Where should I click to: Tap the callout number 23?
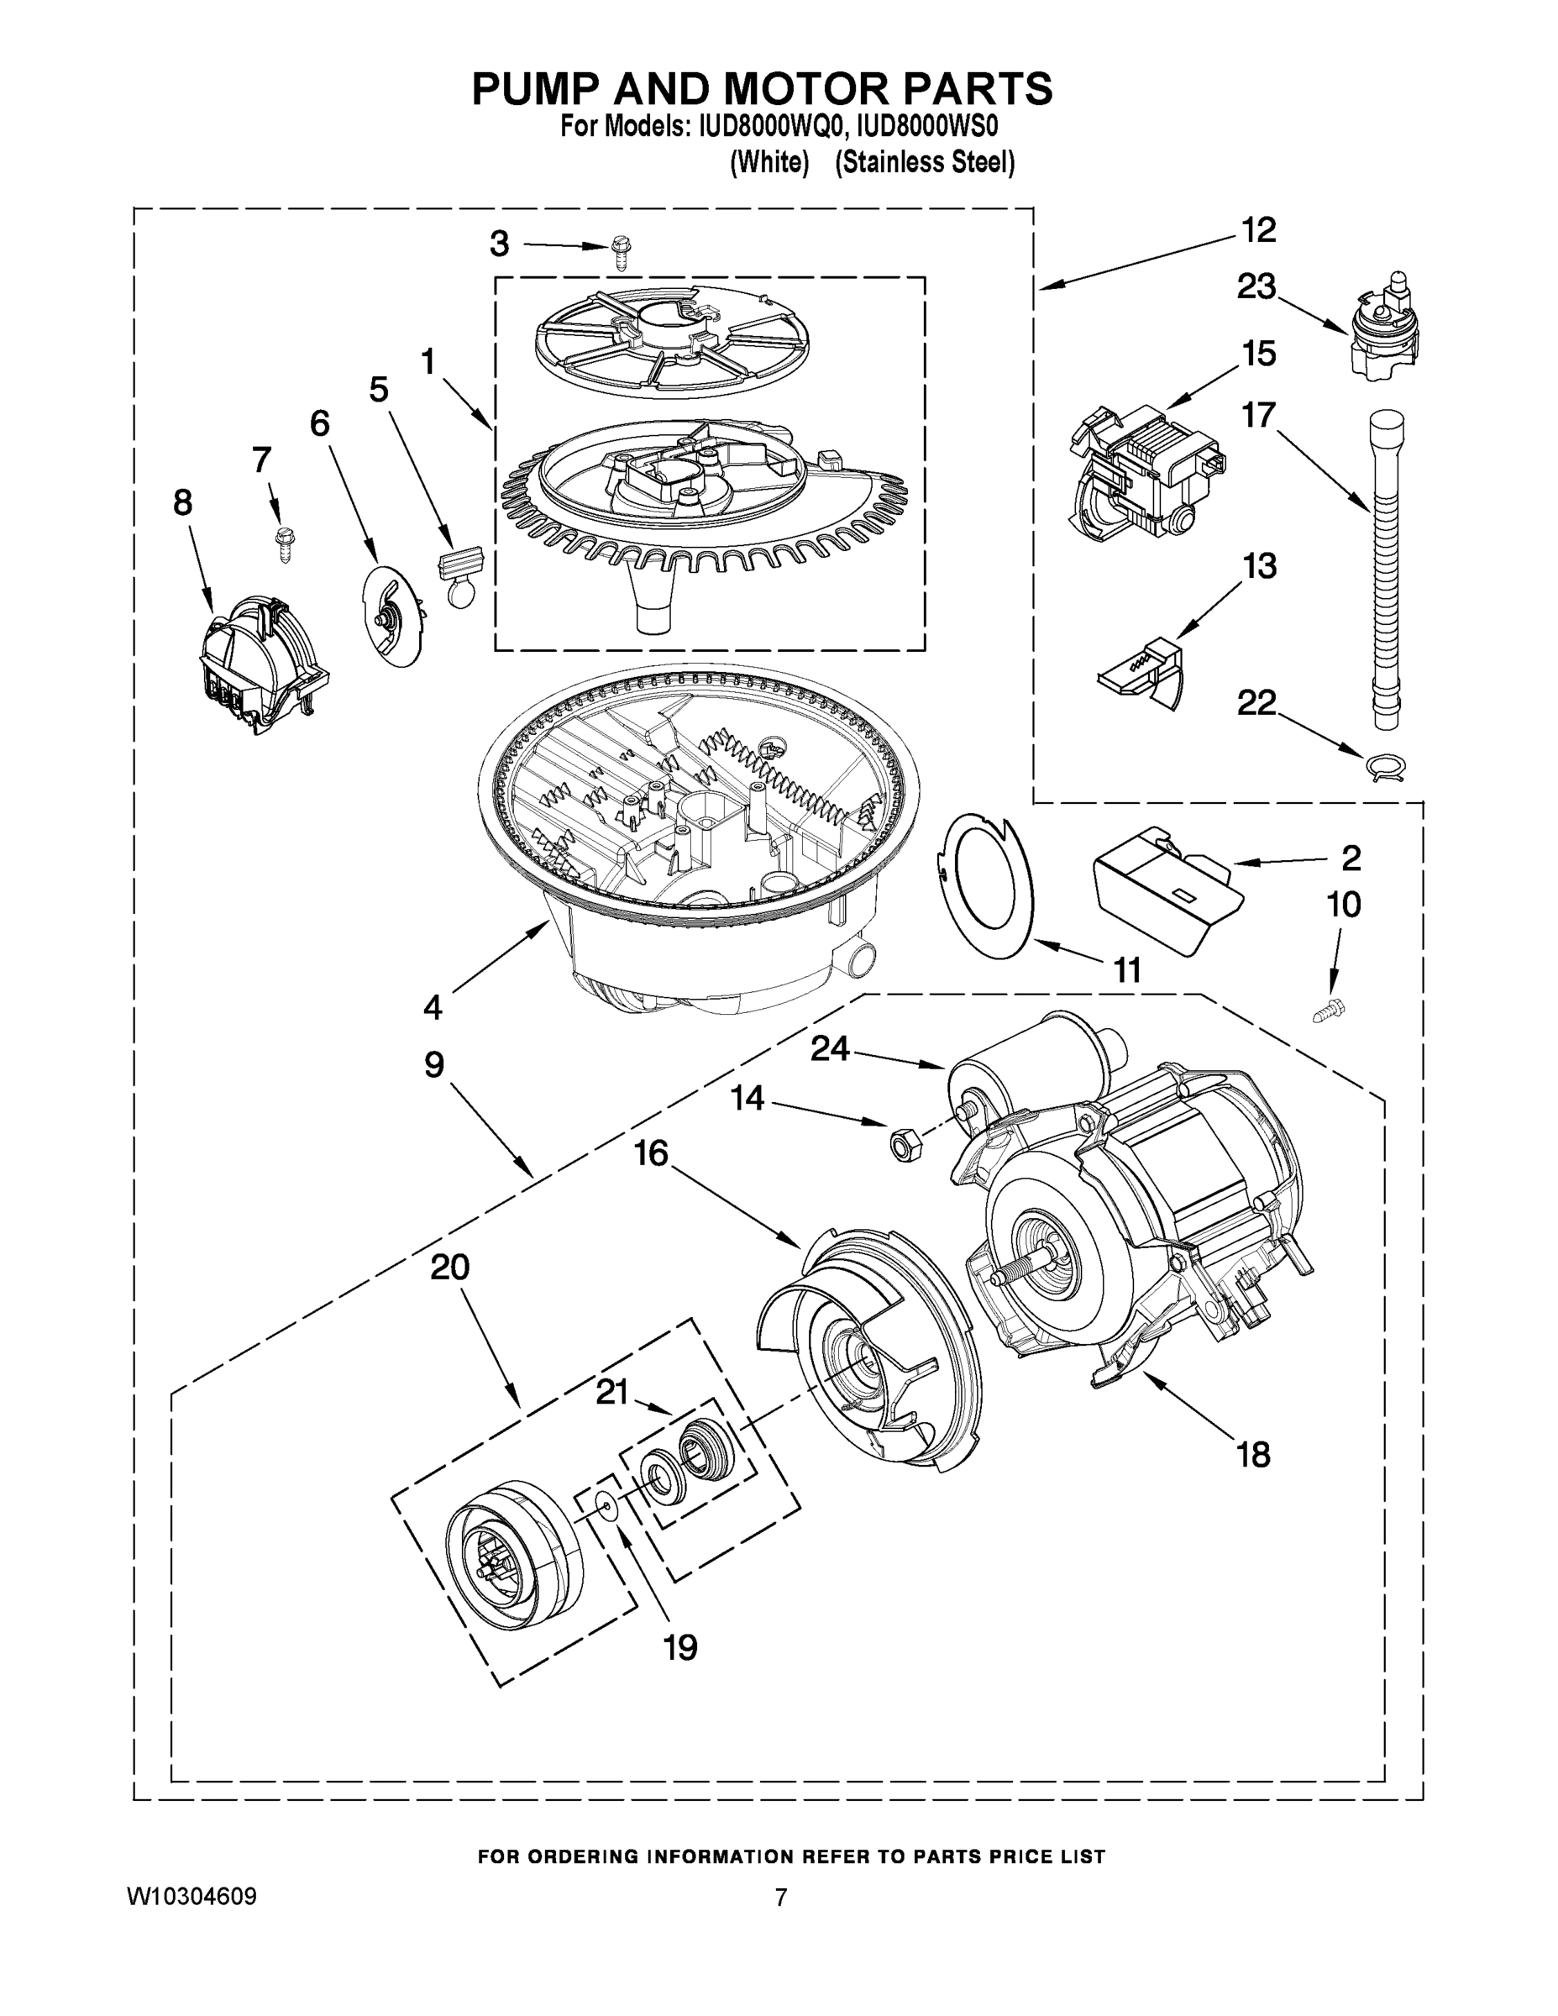pyautogui.click(x=1256, y=287)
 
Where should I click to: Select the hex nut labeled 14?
pyautogui.click(x=898, y=1146)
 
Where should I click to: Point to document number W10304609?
pyautogui.click(x=191, y=1897)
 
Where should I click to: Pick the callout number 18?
pyautogui.click(x=1252, y=1456)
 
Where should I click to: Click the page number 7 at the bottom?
pyautogui.click(x=781, y=1898)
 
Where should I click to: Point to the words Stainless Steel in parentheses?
pyautogui.click(x=925, y=164)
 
